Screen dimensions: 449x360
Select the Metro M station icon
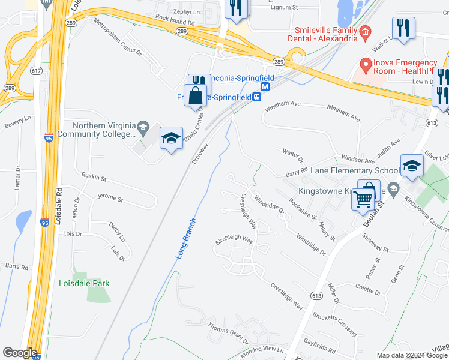(265, 86)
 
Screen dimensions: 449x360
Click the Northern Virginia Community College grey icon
(143, 127)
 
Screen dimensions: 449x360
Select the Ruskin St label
(94, 178)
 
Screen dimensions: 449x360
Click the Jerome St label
(110, 198)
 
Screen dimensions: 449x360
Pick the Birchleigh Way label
(235, 238)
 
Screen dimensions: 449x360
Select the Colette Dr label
(367, 289)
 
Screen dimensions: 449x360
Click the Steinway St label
(375, 247)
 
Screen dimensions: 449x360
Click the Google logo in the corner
(20, 353)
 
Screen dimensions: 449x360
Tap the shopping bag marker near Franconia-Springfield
(196, 96)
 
